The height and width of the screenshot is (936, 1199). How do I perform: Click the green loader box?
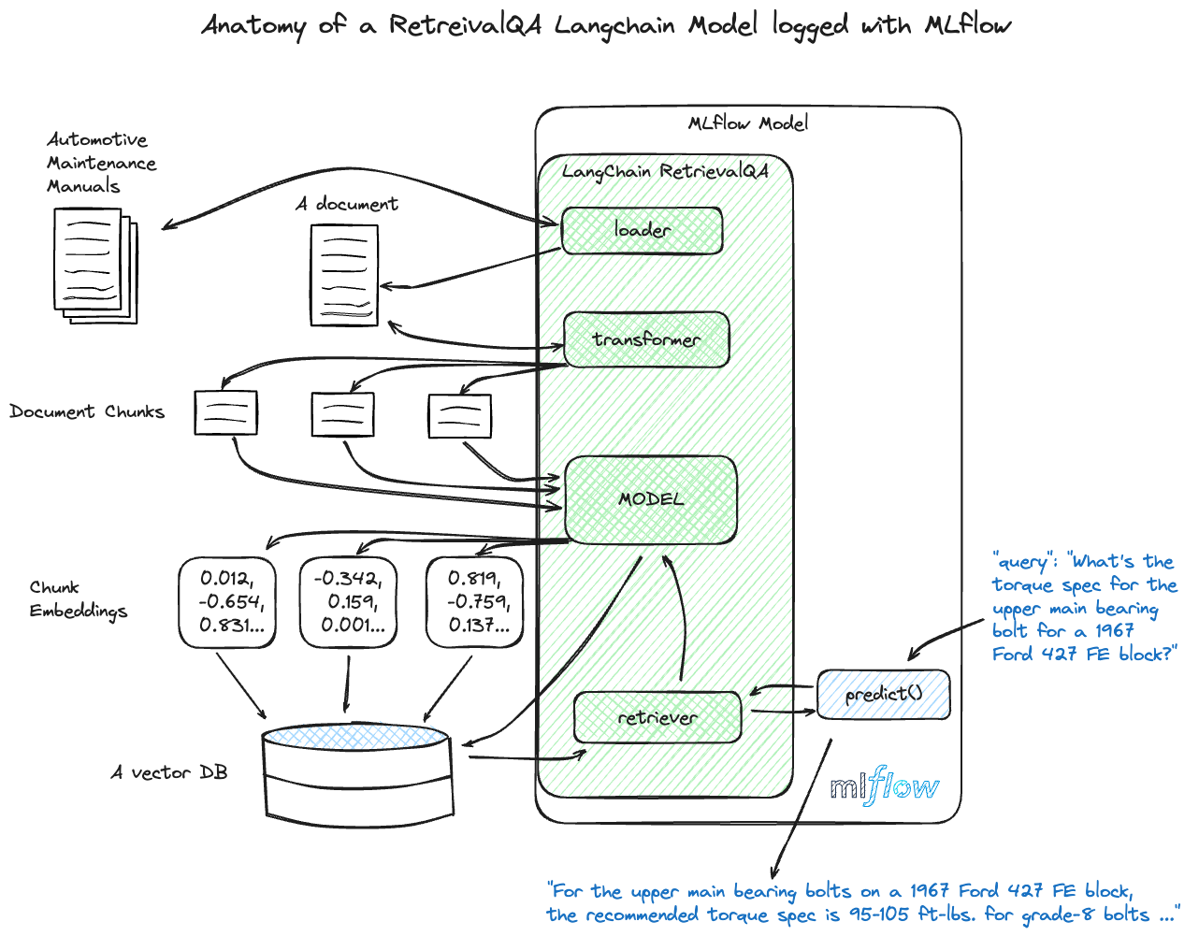[x=642, y=230]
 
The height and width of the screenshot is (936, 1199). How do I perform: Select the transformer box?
[x=646, y=339]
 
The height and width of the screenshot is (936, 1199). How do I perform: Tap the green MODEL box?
[x=651, y=499]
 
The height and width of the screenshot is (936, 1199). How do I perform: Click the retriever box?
[x=657, y=717]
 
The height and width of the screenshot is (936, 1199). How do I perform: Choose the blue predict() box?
[x=884, y=694]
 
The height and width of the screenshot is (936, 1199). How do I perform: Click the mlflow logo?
[x=884, y=786]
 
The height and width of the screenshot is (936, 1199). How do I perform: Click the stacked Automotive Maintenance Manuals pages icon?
[x=94, y=265]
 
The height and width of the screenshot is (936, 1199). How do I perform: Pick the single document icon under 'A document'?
[x=344, y=275]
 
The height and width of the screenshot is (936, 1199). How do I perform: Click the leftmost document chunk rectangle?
[x=225, y=412]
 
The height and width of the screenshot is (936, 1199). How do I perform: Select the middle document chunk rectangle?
[x=342, y=414]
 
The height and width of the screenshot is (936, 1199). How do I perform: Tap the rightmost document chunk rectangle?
[x=459, y=416]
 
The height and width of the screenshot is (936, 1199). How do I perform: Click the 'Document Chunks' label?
[x=87, y=411]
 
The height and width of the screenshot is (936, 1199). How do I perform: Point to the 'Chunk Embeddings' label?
[x=78, y=599]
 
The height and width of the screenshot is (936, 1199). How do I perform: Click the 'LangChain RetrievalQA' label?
[x=665, y=171]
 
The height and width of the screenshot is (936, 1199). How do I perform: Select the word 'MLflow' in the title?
[x=967, y=25]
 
